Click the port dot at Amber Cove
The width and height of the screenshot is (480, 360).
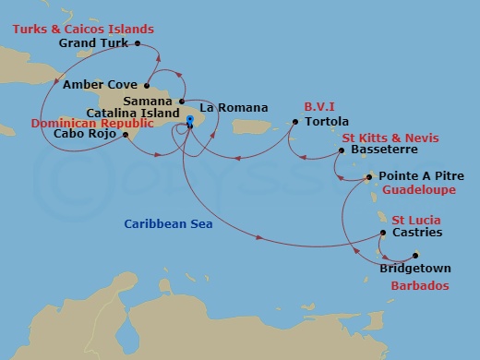[147, 86]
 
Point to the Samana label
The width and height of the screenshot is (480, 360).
[151, 101]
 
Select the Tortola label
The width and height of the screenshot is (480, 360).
[327, 121]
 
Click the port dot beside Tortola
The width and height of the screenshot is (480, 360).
[295, 121]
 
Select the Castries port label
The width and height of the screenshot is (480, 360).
[417, 232]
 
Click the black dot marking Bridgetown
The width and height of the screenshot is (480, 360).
[415, 256]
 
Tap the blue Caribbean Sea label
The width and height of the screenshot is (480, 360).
[163, 222]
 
